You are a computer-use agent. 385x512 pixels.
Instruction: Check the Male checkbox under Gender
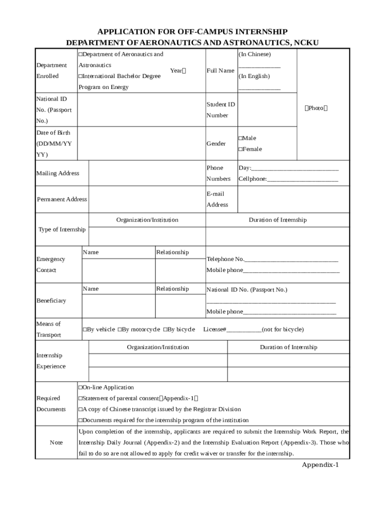[240, 138]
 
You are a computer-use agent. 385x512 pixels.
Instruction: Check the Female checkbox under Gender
[240, 149]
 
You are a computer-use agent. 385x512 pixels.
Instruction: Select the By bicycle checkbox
[165, 329]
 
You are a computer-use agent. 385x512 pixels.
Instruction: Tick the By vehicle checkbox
[84, 329]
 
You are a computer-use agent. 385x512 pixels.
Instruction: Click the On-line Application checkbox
[80, 387]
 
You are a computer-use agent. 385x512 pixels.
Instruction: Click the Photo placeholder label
[315, 108]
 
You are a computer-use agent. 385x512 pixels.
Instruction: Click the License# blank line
[244, 329]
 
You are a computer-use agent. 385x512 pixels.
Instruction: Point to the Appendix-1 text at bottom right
[320, 465]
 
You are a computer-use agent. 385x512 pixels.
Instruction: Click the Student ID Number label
[220, 110]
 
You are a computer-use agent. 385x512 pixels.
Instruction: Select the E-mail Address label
[217, 199]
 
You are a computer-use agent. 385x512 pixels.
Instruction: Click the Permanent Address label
[62, 199]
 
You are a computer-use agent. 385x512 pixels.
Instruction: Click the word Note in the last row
[56, 442]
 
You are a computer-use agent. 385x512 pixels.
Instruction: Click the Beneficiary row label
[51, 300]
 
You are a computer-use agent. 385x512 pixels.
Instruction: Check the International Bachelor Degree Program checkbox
[80, 76]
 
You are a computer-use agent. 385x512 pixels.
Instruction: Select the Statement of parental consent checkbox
[80, 398]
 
